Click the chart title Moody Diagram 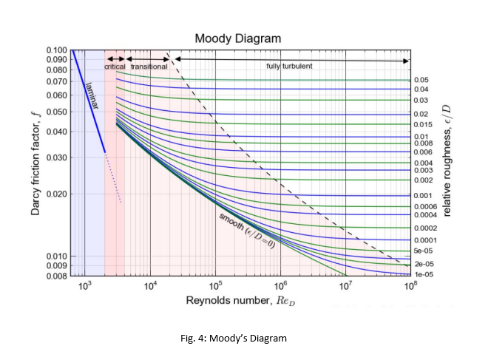click(x=238, y=38)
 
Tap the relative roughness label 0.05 click(x=421, y=80)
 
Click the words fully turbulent click(x=289, y=67)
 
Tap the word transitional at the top click(x=149, y=67)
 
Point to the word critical click(x=115, y=67)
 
